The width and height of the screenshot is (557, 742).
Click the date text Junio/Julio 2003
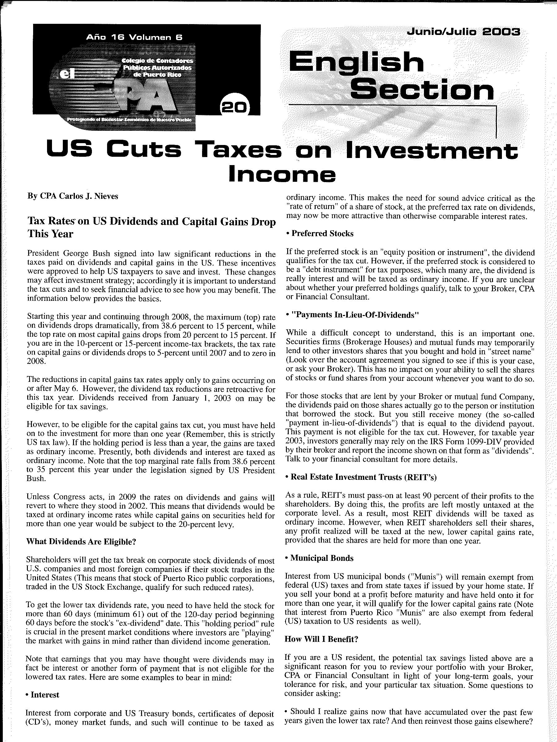(x=463, y=32)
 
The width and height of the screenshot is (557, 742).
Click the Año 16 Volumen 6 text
(x=134, y=38)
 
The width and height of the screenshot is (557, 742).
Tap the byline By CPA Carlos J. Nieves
(x=72, y=196)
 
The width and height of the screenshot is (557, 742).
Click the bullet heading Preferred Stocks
(x=322, y=233)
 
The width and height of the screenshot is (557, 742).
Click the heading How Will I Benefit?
(x=321, y=639)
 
